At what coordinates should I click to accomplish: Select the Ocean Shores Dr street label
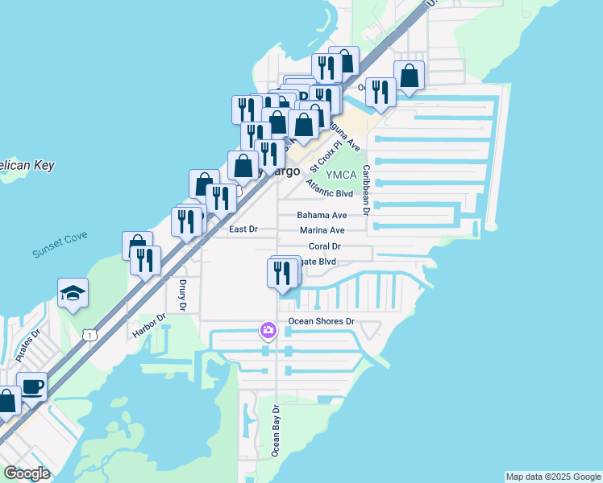(x=322, y=321)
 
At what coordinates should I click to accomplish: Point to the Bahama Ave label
(x=322, y=215)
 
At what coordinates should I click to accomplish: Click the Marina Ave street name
(x=322, y=230)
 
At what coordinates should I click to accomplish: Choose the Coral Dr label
(x=325, y=246)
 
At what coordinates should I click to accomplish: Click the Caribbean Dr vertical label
(x=365, y=190)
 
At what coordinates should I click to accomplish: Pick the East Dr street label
(x=243, y=229)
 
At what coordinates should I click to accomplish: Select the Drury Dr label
(x=183, y=295)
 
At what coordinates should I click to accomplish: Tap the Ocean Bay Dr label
(x=276, y=431)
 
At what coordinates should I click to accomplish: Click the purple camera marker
(x=268, y=330)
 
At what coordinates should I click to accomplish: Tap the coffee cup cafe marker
(x=32, y=386)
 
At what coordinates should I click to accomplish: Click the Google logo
(x=27, y=473)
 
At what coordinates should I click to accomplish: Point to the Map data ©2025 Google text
(x=553, y=477)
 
